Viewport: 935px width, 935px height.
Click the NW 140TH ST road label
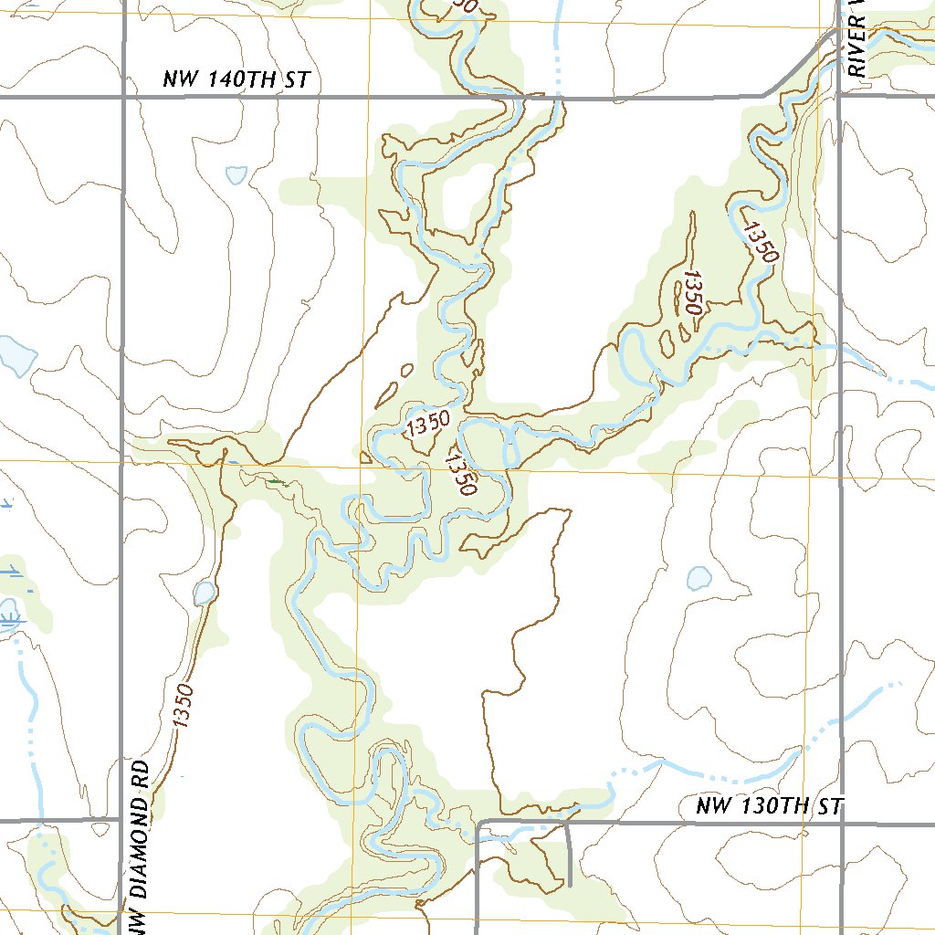point(236,80)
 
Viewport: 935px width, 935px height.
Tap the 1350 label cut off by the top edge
point(465,5)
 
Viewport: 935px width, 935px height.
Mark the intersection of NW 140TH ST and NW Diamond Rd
point(122,96)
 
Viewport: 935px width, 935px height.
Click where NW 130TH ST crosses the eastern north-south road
point(840,821)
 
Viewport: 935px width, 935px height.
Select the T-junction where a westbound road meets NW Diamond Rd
point(122,820)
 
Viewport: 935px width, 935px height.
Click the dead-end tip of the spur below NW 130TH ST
point(569,886)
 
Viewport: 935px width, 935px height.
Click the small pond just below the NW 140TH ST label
point(236,173)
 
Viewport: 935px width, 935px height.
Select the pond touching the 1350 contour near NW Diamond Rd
point(204,594)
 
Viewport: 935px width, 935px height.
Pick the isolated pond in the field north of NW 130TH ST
point(699,577)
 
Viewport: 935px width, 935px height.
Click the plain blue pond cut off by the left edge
point(15,355)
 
